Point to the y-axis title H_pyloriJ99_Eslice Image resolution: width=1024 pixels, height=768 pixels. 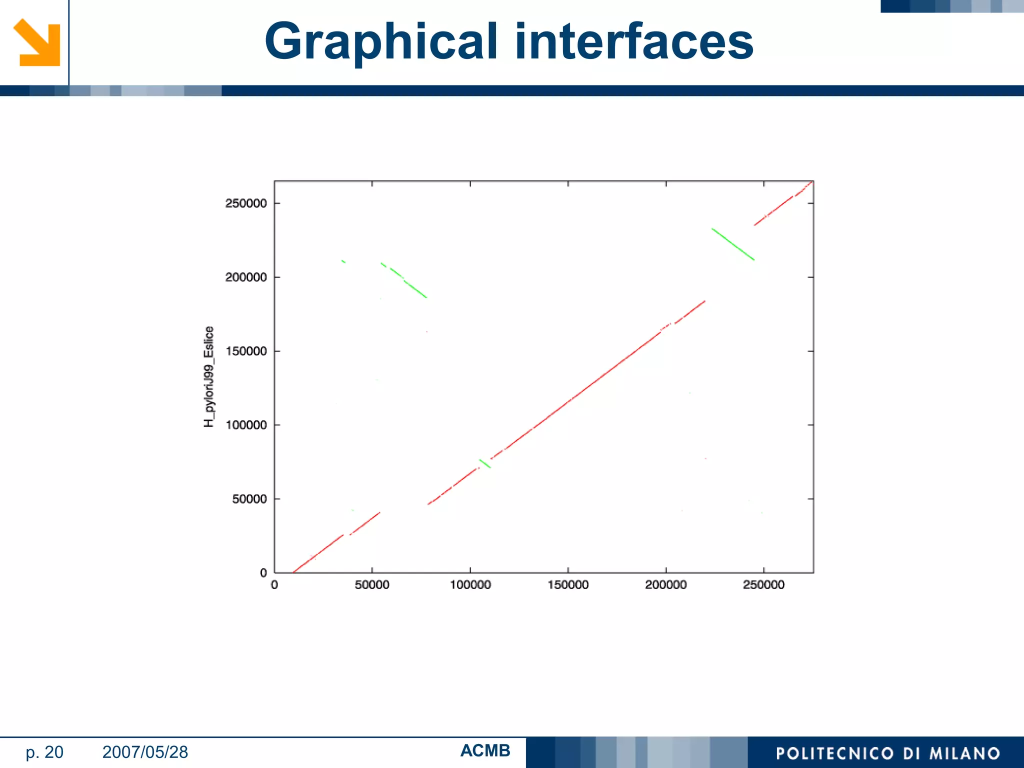209,376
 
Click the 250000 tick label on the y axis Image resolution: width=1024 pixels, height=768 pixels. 245,203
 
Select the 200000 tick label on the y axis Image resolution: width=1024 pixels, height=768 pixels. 245,277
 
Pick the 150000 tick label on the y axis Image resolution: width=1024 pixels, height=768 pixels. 245,351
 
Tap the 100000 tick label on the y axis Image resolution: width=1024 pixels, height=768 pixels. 245,425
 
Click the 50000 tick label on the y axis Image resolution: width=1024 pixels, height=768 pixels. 249,499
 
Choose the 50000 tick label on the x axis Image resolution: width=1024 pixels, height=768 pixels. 372,585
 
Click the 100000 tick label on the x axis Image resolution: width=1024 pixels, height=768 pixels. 470,585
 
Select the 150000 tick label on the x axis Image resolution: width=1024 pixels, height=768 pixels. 568,585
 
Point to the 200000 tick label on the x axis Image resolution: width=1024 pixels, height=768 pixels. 666,585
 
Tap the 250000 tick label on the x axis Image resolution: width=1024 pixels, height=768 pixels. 763,585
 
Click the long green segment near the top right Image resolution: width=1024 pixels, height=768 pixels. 733,244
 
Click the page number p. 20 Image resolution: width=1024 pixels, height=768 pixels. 44,752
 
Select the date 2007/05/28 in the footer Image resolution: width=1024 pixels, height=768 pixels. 145,752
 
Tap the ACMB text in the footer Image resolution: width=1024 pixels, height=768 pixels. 485,750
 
